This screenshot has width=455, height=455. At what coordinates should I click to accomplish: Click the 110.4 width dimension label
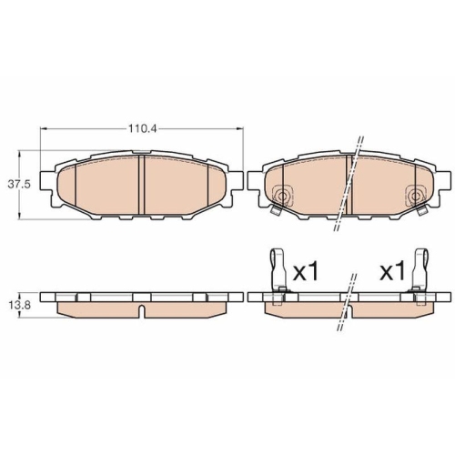tap(142, 129)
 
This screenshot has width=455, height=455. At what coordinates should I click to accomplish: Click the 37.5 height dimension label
tap(19, 185)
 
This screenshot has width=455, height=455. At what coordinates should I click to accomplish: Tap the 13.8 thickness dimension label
tap(19, 305)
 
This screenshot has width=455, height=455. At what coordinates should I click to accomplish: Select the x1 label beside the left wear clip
tap(306, 272)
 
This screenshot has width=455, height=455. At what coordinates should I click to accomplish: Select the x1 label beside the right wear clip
tap(393, 272)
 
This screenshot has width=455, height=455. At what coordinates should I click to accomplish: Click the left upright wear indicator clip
tap(278, 270)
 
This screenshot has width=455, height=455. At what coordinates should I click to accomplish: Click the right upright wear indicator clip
tap(420, 270)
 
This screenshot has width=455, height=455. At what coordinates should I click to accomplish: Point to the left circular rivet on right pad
tap(282, 196)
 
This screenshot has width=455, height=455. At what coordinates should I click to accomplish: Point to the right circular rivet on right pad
tap(416, 196)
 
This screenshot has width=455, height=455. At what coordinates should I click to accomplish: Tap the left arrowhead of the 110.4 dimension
tap(43, 129)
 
